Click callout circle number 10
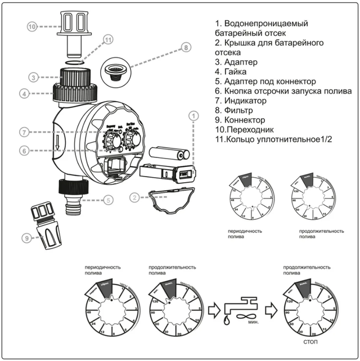point(33,26)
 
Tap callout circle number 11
point(108,39)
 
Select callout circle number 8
point(186,48)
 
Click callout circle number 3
point(34,78)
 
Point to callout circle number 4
point(25,94)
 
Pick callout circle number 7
point(24,133)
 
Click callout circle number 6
point(24,151)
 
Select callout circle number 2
point(134,197)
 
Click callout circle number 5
point(109,199)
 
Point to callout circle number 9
point(26,238)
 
